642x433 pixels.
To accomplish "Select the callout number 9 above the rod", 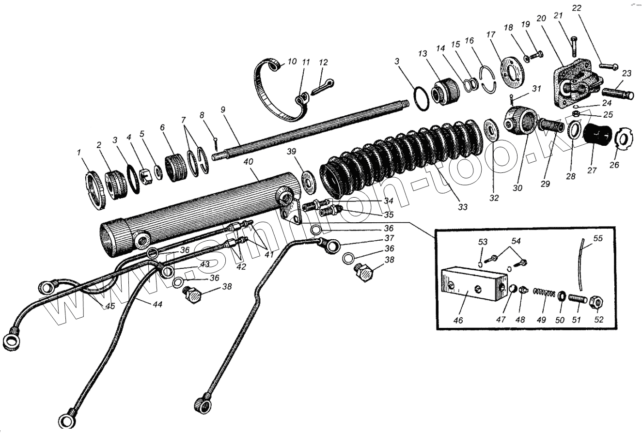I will pyautogui.click(x=223, y=109).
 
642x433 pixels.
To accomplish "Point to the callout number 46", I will pyautogui.click(x=458, y=321).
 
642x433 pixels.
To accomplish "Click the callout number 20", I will pyautogui.click(x=541, y=18).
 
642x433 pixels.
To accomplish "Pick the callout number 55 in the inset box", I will pyautogui.click(x=598, y=239).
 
